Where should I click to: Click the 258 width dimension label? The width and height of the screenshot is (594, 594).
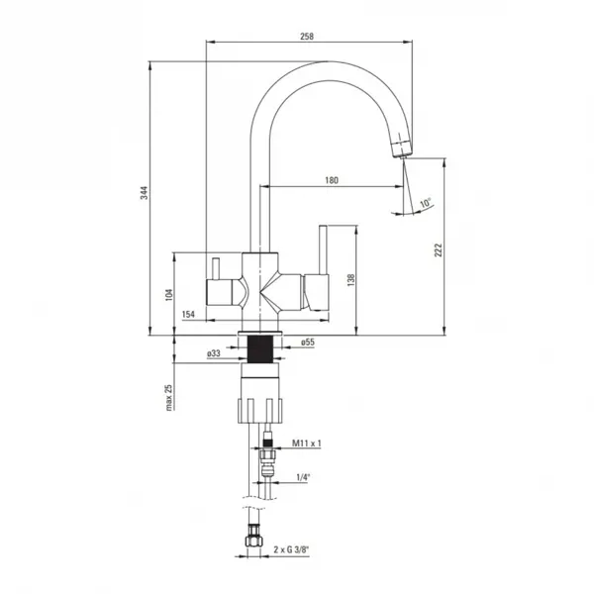point(307,37)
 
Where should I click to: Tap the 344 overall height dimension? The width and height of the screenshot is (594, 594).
point(145,193)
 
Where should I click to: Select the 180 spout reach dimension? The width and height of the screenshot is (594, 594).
point(332,180)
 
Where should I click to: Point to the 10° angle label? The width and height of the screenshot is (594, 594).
point(426,203)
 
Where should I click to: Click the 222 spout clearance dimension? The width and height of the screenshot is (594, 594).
point(439,250)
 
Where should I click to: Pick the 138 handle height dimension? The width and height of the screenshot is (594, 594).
point(351,279)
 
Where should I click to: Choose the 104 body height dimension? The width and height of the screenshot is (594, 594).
point(169,295)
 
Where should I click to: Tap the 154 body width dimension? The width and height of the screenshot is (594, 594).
point(188,314)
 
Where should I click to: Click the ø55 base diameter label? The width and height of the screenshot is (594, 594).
point(308,343)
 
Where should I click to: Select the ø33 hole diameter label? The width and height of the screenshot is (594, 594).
point(213,353)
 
